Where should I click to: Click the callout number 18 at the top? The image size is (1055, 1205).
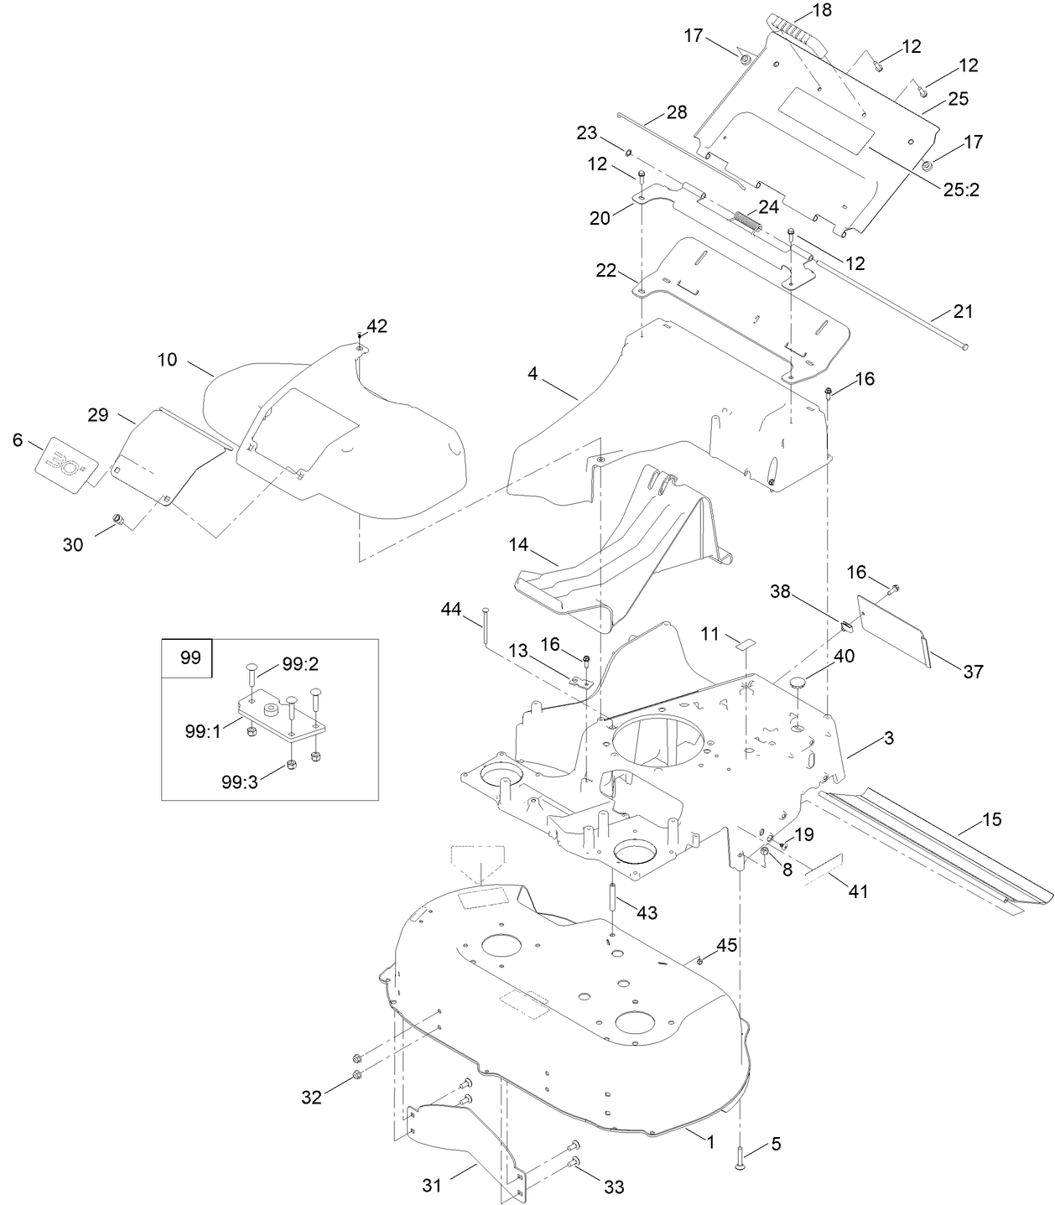822,11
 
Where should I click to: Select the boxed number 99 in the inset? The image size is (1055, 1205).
190,657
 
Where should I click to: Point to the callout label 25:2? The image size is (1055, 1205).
961,190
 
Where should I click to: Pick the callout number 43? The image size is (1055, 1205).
647,912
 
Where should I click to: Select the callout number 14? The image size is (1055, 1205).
517,545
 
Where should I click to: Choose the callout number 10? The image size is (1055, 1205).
168,360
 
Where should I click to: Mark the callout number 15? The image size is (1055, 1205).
991,819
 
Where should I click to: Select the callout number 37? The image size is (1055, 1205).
973,672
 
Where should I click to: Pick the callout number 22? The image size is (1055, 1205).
605,271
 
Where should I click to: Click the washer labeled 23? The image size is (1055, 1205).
628,152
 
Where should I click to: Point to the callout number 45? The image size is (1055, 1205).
726,945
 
